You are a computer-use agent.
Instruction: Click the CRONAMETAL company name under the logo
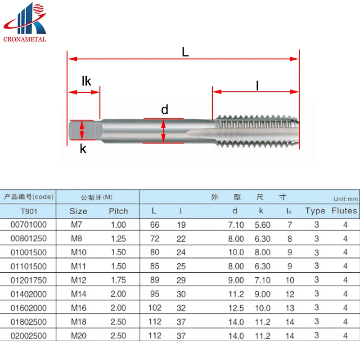point(25,39)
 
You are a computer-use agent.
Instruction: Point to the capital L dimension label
point(185,52)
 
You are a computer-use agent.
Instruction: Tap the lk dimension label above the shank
point(86,81)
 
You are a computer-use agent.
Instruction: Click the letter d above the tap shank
point(165,109)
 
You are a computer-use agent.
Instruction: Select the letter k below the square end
point(83,149)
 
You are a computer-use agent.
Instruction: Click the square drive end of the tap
point(85,130)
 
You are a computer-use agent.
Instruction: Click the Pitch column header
point(118,211)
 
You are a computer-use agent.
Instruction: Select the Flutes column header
point(344,211)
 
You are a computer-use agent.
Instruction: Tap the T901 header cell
point(29,211)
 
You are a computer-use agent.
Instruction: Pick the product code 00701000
point(29,225)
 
